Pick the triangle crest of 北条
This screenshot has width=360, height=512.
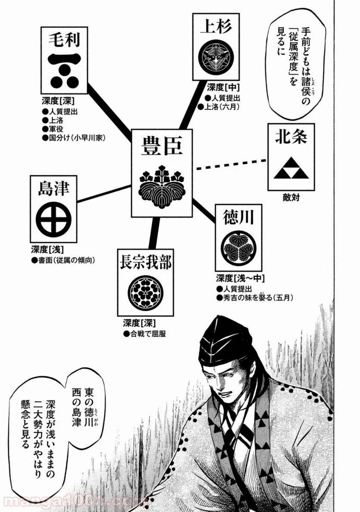291,171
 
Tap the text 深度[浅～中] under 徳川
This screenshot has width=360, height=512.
240,278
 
